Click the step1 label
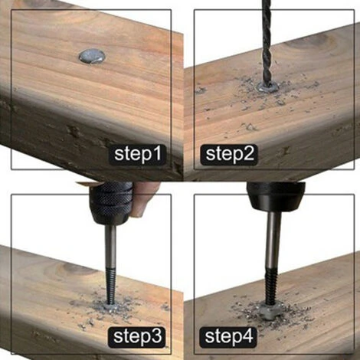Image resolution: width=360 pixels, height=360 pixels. [x=138, y=154]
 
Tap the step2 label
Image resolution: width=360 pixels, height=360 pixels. [x=230, y=154]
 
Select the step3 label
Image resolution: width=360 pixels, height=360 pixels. [x=137, y=336]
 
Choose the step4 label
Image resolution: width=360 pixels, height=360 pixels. [x=229, y=336]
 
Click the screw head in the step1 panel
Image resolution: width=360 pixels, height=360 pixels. [x=92, y=57]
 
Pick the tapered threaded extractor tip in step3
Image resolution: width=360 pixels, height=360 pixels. [x=110, y=286]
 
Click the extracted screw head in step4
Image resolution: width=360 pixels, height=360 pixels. [x=270, y=311]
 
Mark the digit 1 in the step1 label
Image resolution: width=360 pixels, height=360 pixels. [x=157, y=153]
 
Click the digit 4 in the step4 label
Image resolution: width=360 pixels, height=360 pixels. [x=247, y=336]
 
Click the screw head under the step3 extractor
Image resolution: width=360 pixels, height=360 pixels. [x=111, y=306]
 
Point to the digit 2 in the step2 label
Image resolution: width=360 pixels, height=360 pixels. [x=249, y=153]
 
